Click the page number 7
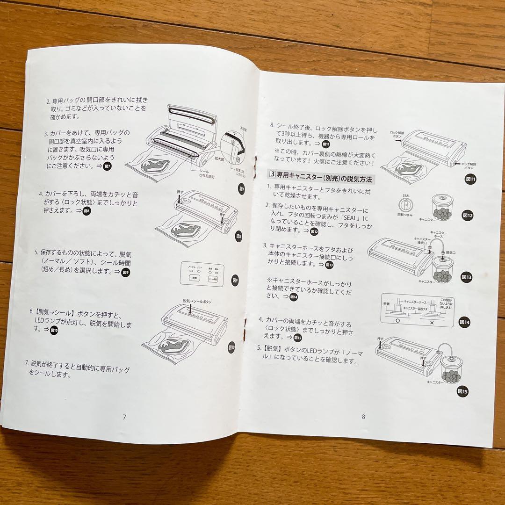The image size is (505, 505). pyautogui.click(x=124, y=417)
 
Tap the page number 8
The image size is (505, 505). pyautogui.click(x=363, y=417)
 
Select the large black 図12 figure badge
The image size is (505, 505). pyautogui.click(x=468, y=216)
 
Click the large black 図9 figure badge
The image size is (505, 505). pyautogui.click(x=235, y=281)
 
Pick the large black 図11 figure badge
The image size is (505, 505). pyautogui.click(x=470, y=179)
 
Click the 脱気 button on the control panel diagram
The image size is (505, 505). pyautogui.click(x=194, y=277)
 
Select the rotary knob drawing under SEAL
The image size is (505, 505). pyautogui.click(x=406, y=206)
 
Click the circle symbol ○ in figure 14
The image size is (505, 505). pyautogui.click(x=397, y=322)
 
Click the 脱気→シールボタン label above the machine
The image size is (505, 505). pyautogui.click(x=197, y=302)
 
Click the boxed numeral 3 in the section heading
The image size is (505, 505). pyautogui.click(x=272, y=175)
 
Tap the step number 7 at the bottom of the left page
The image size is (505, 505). pyautogui.click(x=27, y=364)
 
